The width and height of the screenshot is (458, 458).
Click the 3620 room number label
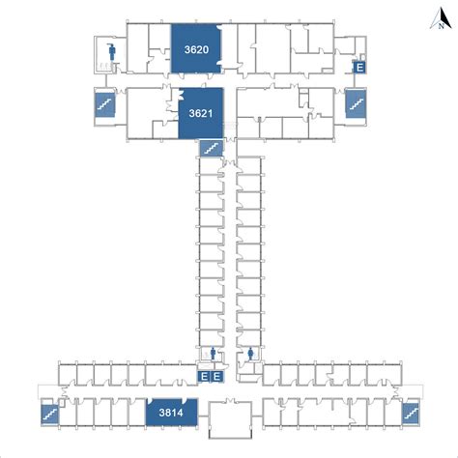pos(196,49)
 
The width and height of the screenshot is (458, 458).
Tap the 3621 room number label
pos(201,113)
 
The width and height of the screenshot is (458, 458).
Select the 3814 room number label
pos(171,413)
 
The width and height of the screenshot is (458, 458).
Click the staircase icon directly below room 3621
pos(212,149)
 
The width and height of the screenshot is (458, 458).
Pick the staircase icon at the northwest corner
pos(105,104)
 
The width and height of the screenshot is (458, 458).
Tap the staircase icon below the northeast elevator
pos(356,103)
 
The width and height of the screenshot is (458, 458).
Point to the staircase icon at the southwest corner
pos(50,414)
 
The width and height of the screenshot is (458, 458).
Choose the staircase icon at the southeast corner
pos(411,414)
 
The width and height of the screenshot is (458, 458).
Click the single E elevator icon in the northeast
pos(359,68)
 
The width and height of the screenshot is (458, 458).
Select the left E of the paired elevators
pos(204,376)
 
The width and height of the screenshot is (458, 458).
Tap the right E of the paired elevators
pos(217,376)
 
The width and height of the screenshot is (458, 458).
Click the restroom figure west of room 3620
pos(112,51)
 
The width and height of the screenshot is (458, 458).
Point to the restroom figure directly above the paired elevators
pos(213,354)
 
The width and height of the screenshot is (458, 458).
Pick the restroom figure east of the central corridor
pos(251,354)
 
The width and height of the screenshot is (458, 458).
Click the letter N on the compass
pos(441,26)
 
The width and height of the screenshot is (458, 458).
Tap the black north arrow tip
pos(443,8)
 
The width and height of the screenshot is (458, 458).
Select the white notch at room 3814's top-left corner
pos(150,401)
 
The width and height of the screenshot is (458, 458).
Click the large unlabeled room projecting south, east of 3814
pos(230,419)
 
